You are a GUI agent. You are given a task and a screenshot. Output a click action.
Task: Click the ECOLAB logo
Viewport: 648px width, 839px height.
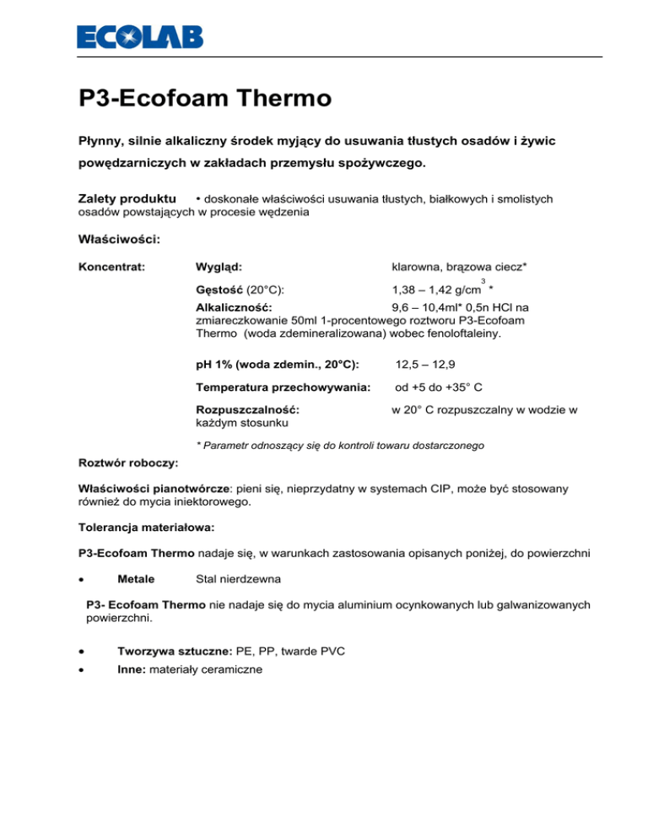point(140,37)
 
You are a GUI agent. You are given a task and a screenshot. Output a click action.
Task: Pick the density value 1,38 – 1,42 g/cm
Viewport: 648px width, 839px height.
point(431,291)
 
